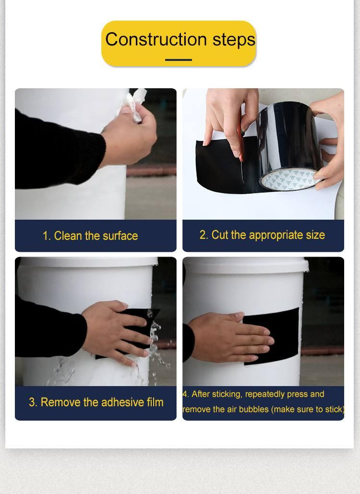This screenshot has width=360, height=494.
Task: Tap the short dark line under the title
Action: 179,60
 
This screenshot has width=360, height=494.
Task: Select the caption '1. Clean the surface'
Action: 90,236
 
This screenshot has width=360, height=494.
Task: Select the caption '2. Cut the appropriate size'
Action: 262,235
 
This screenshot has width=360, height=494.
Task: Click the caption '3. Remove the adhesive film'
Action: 96,402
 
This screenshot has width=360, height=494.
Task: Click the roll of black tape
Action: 288,144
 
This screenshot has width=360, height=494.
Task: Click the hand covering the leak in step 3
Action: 113,331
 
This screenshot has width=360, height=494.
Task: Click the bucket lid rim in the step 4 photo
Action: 245,263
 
